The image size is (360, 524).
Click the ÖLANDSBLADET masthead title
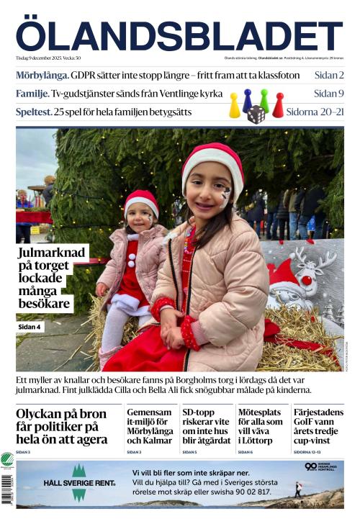179,36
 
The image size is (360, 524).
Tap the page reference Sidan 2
328,74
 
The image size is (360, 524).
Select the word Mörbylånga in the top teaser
42,74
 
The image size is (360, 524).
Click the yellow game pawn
234,107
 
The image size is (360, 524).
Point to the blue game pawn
247,100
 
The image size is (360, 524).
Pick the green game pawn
264,100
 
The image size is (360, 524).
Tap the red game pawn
278,105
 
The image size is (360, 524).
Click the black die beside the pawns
256,114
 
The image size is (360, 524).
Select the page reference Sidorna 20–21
315,112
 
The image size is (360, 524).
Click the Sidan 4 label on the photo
30,327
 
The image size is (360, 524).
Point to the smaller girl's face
142,217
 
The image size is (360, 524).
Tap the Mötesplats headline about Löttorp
261,425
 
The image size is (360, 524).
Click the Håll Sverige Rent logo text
79,483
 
